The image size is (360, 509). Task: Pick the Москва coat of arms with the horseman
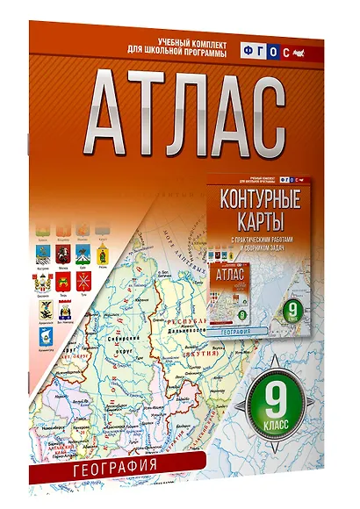point(62,254)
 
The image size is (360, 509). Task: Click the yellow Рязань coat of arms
point(102,255)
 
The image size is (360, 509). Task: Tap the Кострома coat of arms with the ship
point(43,254)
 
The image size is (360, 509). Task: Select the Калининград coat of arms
point(46,337)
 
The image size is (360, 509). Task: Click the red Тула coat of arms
point(83,281)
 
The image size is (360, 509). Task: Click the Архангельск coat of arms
point(46,310)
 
